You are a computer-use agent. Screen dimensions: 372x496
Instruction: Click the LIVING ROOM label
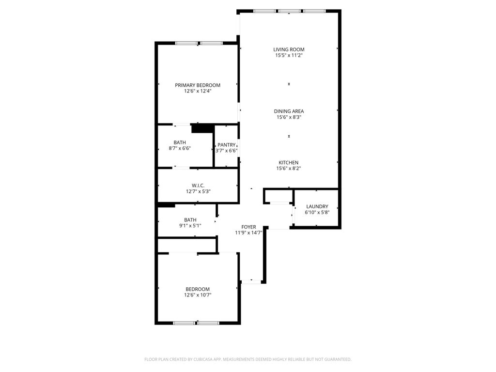(x=289, y=49)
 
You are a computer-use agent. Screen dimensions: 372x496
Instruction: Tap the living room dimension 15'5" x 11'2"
(x=289, y=55)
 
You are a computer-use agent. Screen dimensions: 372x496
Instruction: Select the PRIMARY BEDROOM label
(x=197, y=85)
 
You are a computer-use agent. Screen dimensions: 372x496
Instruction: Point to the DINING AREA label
(x=289, y=111)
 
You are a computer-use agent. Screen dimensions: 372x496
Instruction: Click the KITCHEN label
(x=288, y=163)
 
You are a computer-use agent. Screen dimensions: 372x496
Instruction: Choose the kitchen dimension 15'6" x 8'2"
(x=289, y=169)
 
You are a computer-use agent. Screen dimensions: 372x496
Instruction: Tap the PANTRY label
(x=226, y=145)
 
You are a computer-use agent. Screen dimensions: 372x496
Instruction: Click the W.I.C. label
(x=198, y=186)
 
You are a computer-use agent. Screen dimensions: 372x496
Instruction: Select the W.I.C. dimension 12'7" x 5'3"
(x=198, y=191)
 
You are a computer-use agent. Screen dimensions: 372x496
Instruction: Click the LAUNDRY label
(x=317, y=206)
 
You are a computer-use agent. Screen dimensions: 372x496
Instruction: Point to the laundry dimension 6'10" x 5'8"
(x=317, y=212)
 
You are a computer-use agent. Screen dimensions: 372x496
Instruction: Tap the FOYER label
(x=248, y=227)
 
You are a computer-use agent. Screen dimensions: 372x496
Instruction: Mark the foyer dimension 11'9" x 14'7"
(x=248, y=232)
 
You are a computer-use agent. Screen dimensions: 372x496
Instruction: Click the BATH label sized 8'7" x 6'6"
(x=180, y=142)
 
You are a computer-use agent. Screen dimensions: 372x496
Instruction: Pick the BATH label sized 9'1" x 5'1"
(x=190, y=219)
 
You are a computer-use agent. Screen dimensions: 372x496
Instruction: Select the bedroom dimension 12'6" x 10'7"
(x=197, y=294)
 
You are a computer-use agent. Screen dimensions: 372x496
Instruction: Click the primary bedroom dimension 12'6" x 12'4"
(x=197, y=91)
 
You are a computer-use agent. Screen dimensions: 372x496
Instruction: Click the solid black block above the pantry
(x=202, y=128)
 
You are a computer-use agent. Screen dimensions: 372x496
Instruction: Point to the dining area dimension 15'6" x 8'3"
(x=289, y=117)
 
